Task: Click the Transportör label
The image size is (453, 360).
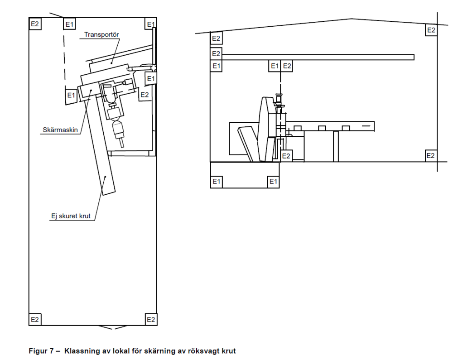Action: [x=101, y=35]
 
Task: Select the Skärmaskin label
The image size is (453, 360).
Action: [x=60, y=130]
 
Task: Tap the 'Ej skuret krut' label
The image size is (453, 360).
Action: [x=71, y=216]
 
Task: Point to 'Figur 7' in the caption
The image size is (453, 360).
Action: [x=41, y=351]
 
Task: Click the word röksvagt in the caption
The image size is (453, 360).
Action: [x=203, y=351]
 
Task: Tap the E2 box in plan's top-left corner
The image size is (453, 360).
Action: [x=35, y=24]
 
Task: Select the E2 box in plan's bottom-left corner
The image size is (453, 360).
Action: [x=35, y=319]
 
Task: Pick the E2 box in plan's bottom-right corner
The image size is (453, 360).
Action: [x=151, y=319]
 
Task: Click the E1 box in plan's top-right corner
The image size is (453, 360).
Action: [x=150, y=24]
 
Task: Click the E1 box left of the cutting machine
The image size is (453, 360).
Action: [x=71, y=95]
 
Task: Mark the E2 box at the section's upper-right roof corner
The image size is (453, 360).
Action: [x=431, y=30]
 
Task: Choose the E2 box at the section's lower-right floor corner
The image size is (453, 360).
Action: [x=431, y=156]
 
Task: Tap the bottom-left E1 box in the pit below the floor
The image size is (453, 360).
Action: [x=217, y=182]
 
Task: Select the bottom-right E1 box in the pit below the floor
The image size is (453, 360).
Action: [x=273, y=182]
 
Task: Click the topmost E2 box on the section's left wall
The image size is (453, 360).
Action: [x=216, y=38]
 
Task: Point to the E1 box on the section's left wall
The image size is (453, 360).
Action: [x=216, y=66]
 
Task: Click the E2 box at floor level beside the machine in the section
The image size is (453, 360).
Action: [x=286, y=156]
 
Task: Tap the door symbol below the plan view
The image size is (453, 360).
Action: [x=113, y=327]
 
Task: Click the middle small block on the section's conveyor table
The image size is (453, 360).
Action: [x=322, y=128]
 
